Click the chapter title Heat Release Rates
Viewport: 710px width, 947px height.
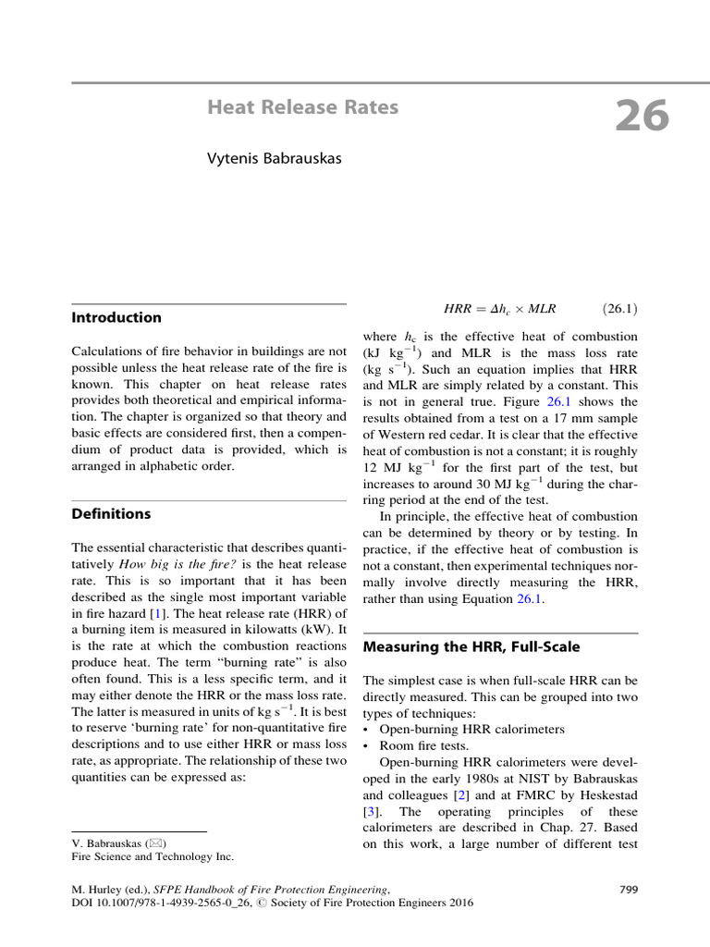[303, 107]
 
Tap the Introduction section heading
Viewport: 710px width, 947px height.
[116, 317]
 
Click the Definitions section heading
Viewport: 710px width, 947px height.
[111, 513]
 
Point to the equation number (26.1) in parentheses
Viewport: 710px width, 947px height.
[619, 308]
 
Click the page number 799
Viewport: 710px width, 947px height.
[628, 890]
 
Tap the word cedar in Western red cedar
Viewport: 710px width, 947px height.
[519, 435]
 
